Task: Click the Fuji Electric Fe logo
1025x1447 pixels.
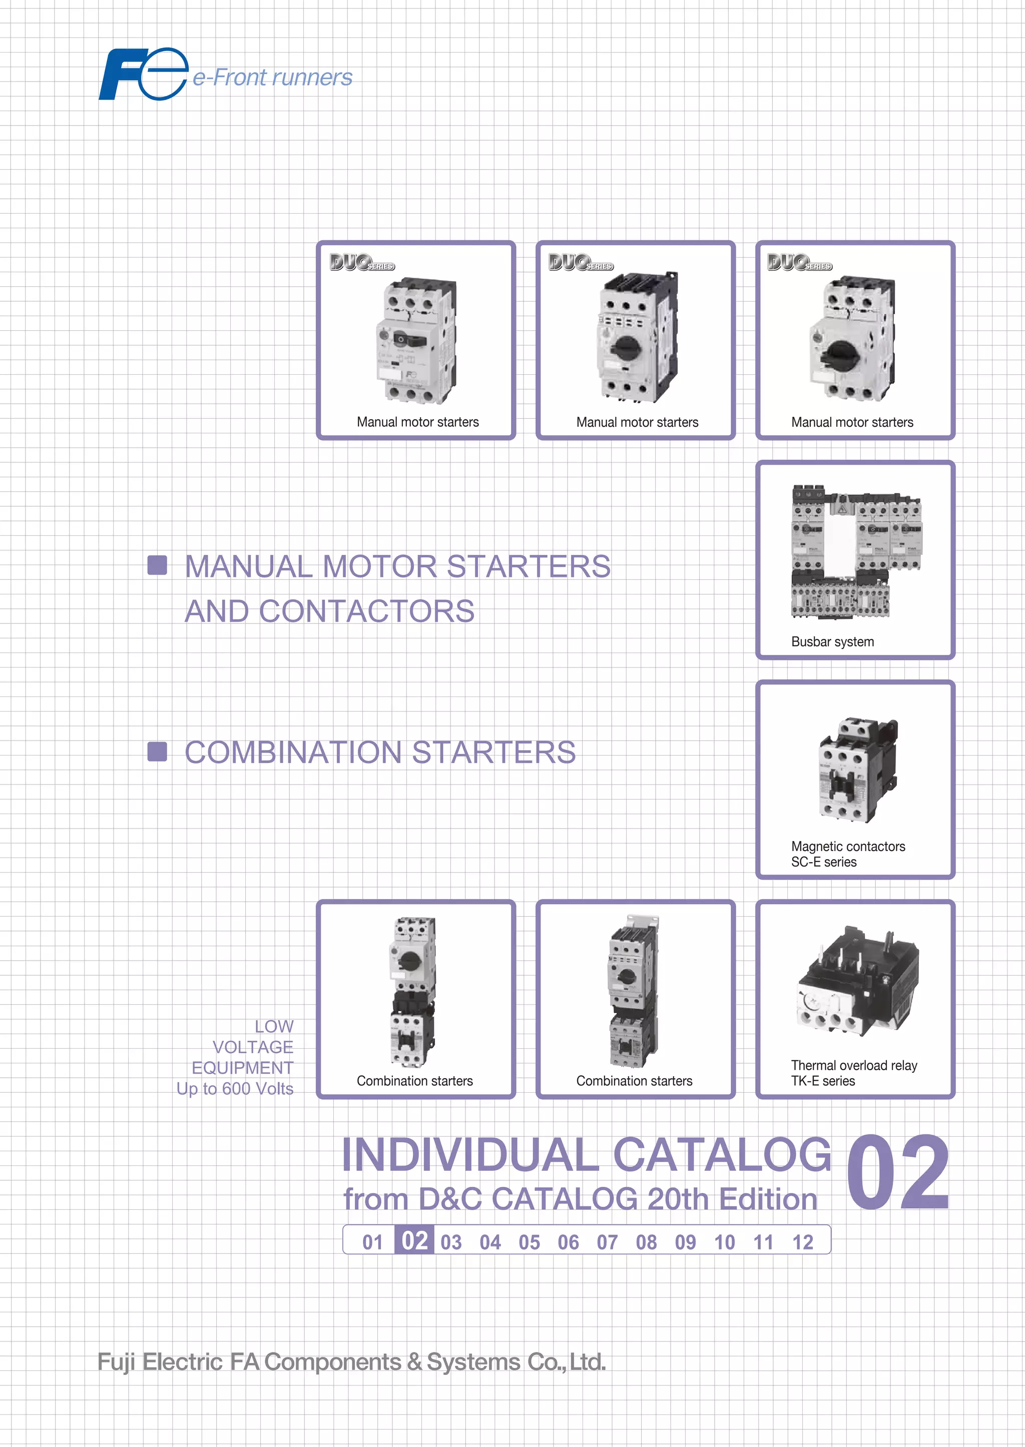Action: point(143,75)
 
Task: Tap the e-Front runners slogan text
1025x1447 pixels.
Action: point(273,78)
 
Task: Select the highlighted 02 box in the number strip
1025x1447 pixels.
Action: point(414,1241)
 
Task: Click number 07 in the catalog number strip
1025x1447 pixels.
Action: point(607,1242)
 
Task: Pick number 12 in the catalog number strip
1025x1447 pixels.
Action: point(802,1242)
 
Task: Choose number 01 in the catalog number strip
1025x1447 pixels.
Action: point(372,1242)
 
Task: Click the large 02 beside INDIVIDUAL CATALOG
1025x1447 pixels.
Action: point(897,1173)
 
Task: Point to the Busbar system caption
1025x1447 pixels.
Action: point(832,642)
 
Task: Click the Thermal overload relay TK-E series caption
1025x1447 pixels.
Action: point(853,1073)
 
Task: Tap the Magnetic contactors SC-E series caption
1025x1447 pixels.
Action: point(848,854)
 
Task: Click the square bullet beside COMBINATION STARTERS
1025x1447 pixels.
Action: point(157,752)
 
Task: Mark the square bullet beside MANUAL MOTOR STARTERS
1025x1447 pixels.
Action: point(157,565)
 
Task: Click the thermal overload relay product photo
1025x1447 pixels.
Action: point(858,982)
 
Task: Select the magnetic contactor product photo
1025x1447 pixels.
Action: point(857,770)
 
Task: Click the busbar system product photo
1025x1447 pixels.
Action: point(855,551)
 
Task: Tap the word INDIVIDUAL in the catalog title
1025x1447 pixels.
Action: point(469,1155)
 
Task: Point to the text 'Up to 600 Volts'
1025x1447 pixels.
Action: point(235,1089)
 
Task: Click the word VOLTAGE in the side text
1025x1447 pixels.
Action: point(252,1047)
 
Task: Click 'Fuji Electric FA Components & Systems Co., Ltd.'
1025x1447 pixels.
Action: point(351,1362)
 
